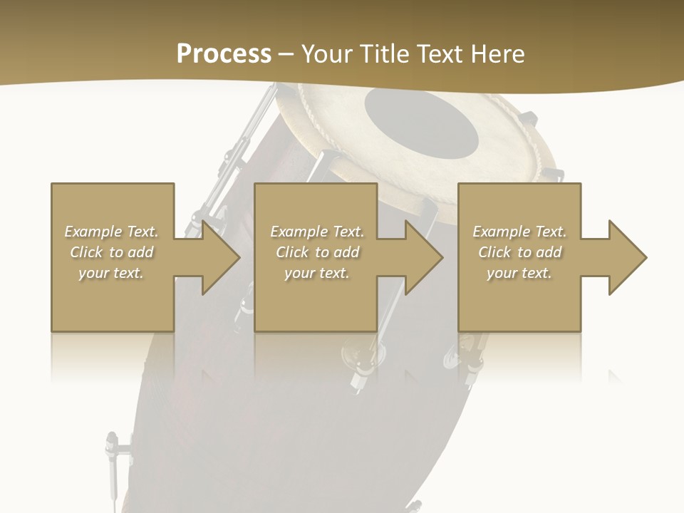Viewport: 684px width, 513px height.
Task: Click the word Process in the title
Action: pos(224,53)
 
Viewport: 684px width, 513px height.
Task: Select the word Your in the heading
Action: pos(328,53)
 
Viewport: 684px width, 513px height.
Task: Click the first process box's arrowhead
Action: pos(214,257)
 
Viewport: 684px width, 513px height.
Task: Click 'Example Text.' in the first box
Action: pos(112,232)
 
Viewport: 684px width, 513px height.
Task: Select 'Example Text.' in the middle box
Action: pos(317,232)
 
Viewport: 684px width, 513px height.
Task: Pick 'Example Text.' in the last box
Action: pos(519,232)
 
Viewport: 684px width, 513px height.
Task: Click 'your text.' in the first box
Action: pos(111,273)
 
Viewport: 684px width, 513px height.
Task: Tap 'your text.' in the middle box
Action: pos(316,273)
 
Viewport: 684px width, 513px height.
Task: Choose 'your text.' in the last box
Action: pos(519,273)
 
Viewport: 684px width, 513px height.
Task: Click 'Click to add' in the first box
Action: pos(112,252)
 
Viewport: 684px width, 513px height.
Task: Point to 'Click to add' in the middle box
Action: pos(317,252)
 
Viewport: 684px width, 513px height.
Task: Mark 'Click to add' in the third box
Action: pos(519,252)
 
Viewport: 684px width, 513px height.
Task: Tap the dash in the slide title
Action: pos(286,54)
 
